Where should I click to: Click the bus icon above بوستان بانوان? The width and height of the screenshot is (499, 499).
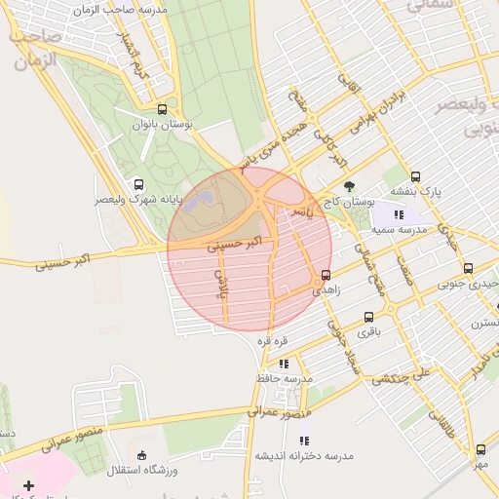[162, 109]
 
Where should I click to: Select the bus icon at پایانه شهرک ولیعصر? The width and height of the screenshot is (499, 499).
[139, 183]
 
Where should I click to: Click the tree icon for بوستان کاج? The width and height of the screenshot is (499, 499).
[349, 186]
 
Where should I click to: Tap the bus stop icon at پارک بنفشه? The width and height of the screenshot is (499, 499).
[416, 176]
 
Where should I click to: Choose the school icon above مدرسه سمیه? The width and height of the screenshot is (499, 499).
[398, 214]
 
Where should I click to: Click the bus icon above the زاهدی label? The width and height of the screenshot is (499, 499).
[325, 275]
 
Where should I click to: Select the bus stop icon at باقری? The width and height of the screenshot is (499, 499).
[368, 317]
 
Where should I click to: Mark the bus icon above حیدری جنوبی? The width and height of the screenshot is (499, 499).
[468, 268]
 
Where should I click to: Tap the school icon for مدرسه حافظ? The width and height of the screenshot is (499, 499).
[284, 364]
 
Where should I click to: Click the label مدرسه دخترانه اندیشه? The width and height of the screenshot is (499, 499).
[304, 455]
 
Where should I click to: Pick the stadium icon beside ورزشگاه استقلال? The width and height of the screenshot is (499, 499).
[142, 454]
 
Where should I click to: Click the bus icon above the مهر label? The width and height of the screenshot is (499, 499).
[480, 449]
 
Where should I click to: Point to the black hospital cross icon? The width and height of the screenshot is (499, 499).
[27, 484]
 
